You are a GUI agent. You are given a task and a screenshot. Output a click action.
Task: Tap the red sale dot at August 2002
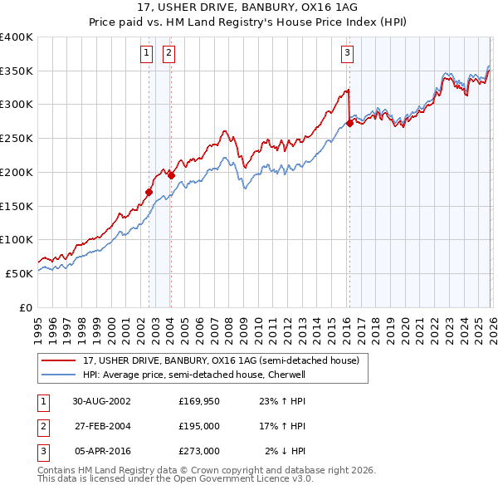(149, 192)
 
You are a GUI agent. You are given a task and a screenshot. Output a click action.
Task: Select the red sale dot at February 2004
(171, 175)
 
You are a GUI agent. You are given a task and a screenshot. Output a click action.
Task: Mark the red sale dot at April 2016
(349, 122)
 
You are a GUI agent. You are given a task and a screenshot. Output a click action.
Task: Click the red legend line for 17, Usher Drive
(59, 361)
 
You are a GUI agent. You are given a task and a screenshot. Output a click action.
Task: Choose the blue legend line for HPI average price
(59, 375)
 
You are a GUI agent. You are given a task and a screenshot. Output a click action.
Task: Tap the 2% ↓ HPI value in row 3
(286, 451)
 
